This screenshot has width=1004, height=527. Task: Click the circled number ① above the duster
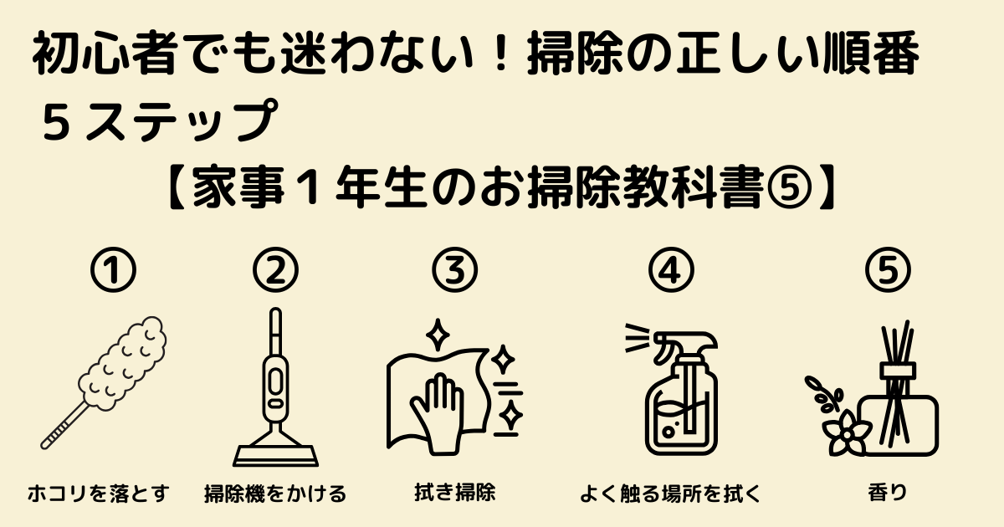pyautogui.click(x=113, y=270)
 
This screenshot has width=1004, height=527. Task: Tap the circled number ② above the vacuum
pyautogui.click(x=275, y=270)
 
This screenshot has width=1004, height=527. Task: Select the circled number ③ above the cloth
pyautogui.click(x=455, y=270)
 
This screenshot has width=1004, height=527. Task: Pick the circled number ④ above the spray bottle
pyautogui.click(x=671, y=270)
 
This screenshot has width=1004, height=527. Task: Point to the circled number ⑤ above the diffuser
pyautogui.click(x=888, y=270)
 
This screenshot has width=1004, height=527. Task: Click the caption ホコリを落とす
pyautogui.click(x=99, y=494)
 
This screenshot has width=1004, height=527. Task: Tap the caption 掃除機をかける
pyautogui.click(x=275, y=494)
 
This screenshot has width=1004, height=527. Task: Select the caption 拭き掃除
pyautogui.click(x=455, y=492)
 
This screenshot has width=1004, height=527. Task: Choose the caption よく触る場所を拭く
pyautogui.click(x=670, y=494)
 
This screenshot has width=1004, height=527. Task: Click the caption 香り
pyautogui.click(x=888, y=493)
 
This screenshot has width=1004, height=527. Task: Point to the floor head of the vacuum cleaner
pyautogui.click(x=275, y=456)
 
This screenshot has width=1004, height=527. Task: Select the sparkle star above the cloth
pyautogui.click(x=437, y=335)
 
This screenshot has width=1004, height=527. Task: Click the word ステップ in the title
pyautogui.click(x=181, y=120)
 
